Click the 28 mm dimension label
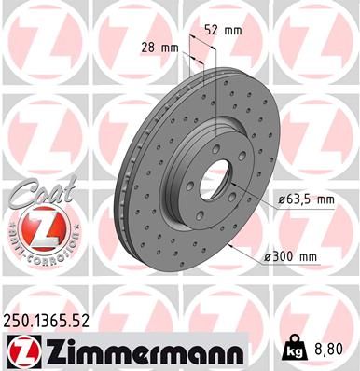(x=159, y=47)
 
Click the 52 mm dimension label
(x=226, y=30)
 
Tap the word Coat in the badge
(x=35, y=192)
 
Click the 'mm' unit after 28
(x=170, y=47)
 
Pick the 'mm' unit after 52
(x=234, y=30)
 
